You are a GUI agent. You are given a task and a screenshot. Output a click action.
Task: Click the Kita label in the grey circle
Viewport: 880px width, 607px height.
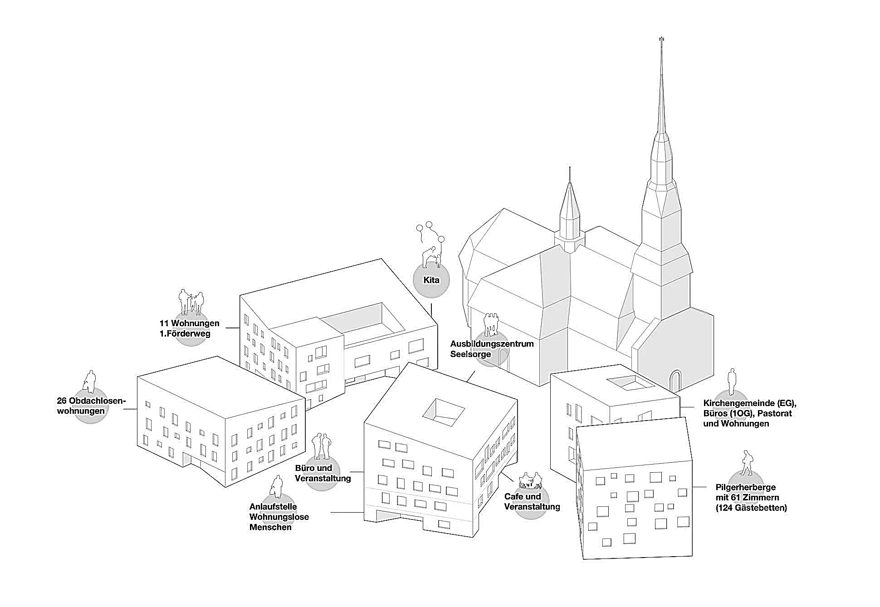point(431,280)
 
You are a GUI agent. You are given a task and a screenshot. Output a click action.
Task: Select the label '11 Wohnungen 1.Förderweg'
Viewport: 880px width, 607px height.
point(189,328)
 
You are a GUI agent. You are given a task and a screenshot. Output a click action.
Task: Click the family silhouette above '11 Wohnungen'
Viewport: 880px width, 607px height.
point(191,302)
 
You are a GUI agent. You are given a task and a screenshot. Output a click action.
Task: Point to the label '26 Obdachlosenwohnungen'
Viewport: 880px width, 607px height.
point(91,406)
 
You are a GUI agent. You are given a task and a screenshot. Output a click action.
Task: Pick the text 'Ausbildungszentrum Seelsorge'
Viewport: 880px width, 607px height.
point(491,348)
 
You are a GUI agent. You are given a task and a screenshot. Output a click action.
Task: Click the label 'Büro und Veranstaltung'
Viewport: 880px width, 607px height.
point(323,473)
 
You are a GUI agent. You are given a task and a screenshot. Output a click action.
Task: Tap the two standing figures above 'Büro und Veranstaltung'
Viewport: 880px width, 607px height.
point(323,446)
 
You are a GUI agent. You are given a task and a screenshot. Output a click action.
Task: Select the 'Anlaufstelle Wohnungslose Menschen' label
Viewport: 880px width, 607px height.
point(279,517)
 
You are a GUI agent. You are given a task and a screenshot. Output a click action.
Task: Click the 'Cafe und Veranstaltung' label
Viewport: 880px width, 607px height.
point(532,501)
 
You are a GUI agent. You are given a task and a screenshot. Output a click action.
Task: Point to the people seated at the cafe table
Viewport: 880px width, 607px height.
point(531,479)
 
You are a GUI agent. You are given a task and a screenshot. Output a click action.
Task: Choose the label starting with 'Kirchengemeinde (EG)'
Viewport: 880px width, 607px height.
point(749,413)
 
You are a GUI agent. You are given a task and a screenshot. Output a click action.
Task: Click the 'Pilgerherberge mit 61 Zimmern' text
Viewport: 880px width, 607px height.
point(751,497)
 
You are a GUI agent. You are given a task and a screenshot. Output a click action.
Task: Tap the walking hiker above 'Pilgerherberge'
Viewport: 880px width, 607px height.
point(746,463)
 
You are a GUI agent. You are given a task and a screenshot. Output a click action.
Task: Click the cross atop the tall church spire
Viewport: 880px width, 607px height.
point(661,40)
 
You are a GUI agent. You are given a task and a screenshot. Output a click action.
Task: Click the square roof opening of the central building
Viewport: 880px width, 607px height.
point(443,412)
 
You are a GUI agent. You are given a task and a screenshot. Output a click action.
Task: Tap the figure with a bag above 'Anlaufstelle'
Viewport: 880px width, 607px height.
point(275,487)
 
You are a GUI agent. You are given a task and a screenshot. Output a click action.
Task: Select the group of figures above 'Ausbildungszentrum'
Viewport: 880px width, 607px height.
point(490,324)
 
